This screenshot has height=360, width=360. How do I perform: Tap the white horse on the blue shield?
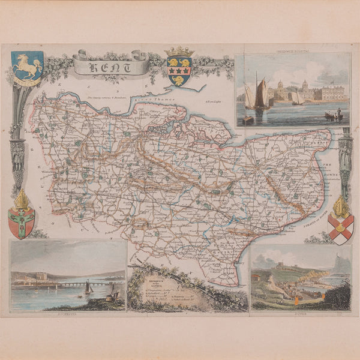coord(26,64)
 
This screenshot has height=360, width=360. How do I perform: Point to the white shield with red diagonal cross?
coord(341,229)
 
